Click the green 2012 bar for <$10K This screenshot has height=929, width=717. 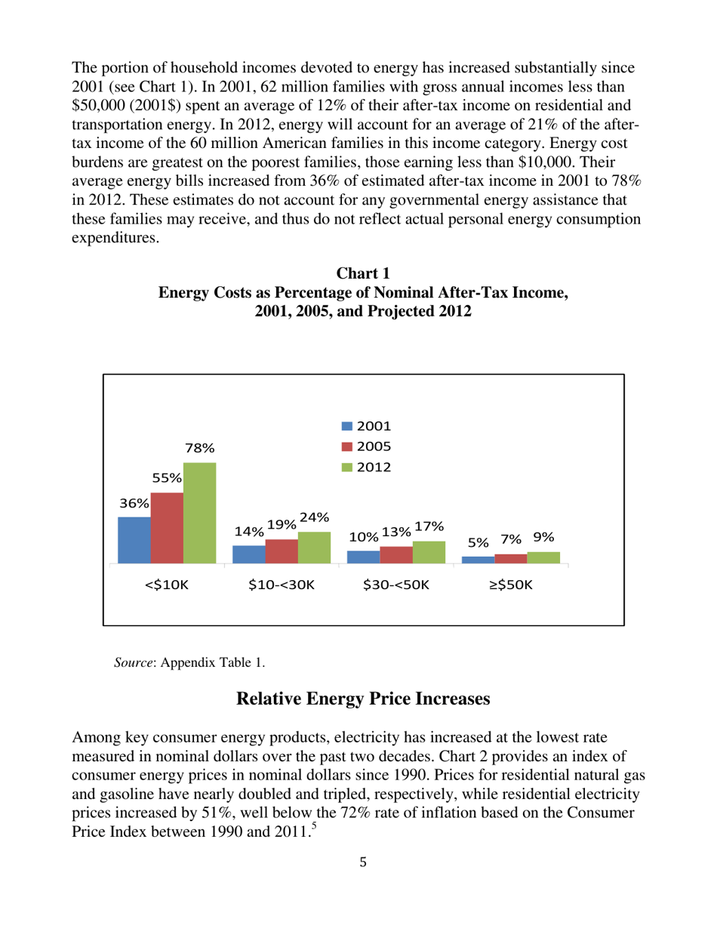(x=199, y=513)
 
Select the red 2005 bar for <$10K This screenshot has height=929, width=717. (x=167, y=528)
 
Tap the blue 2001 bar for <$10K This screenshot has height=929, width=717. (x=134, y=540)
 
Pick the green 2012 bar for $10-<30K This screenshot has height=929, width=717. (x=314, y=548)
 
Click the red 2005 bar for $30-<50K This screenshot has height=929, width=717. (x=396, y=555)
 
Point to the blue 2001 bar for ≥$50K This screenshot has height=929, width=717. (x=478, y=560)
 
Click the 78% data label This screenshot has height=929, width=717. (x=199, y=448)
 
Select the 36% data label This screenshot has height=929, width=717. (x=133, y=502)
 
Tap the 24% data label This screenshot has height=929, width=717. (x=313, y=517)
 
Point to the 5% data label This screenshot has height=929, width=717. (x=478, y=542)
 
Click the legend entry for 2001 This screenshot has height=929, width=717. (x=367, y=427)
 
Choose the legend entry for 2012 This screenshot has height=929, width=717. (x=367, y=467)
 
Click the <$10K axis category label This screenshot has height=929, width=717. (x=167, y=585)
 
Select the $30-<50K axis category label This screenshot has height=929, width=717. (x=396, y=585)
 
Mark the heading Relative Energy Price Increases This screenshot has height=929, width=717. (x=364, y=699)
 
